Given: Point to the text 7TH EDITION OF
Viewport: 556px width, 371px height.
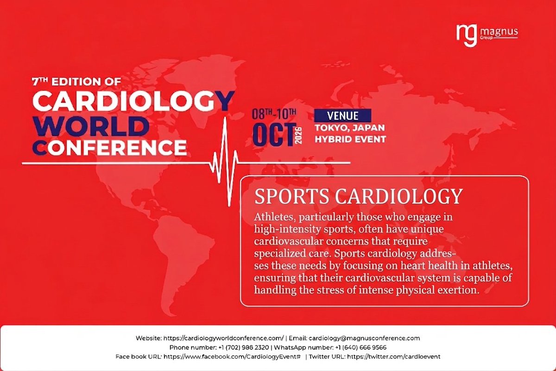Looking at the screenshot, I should (x=76, y=82).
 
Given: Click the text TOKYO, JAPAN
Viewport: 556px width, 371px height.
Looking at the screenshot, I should (x=350, y=128).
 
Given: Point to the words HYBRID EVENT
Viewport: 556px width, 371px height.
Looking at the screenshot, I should (x=350, y=139).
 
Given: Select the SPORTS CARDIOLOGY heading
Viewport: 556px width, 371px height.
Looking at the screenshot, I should (x=359, y=196).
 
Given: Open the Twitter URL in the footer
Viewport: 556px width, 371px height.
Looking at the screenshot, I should (x=393, y=356).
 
